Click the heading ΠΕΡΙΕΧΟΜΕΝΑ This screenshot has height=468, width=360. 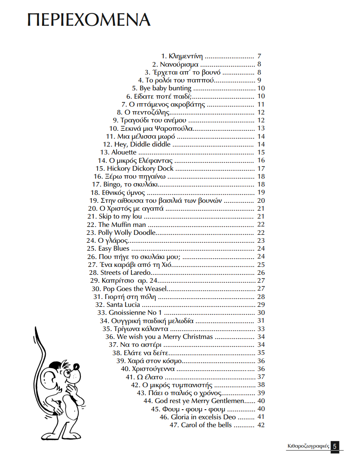click(x=89, y=20)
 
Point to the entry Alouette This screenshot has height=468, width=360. click(x=124, y=152)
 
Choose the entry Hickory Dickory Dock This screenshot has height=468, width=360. click(x=140, y=169)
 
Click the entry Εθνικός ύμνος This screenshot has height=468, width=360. click(x=123, y=193)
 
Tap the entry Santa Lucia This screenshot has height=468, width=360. click(x=123, y=305)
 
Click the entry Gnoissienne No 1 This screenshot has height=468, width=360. click(x=135, y=313)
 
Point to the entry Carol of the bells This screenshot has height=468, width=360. click(x=206, y=425)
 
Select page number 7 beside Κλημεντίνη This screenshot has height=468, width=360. click(x=259, y=56)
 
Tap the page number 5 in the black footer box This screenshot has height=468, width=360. click(x=335, y=446)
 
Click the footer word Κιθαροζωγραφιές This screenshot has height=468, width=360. click(x=308, y=446)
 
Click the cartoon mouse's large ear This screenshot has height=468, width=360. click(x=53, y=380)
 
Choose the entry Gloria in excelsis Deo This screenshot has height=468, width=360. click(x=203, y=417)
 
